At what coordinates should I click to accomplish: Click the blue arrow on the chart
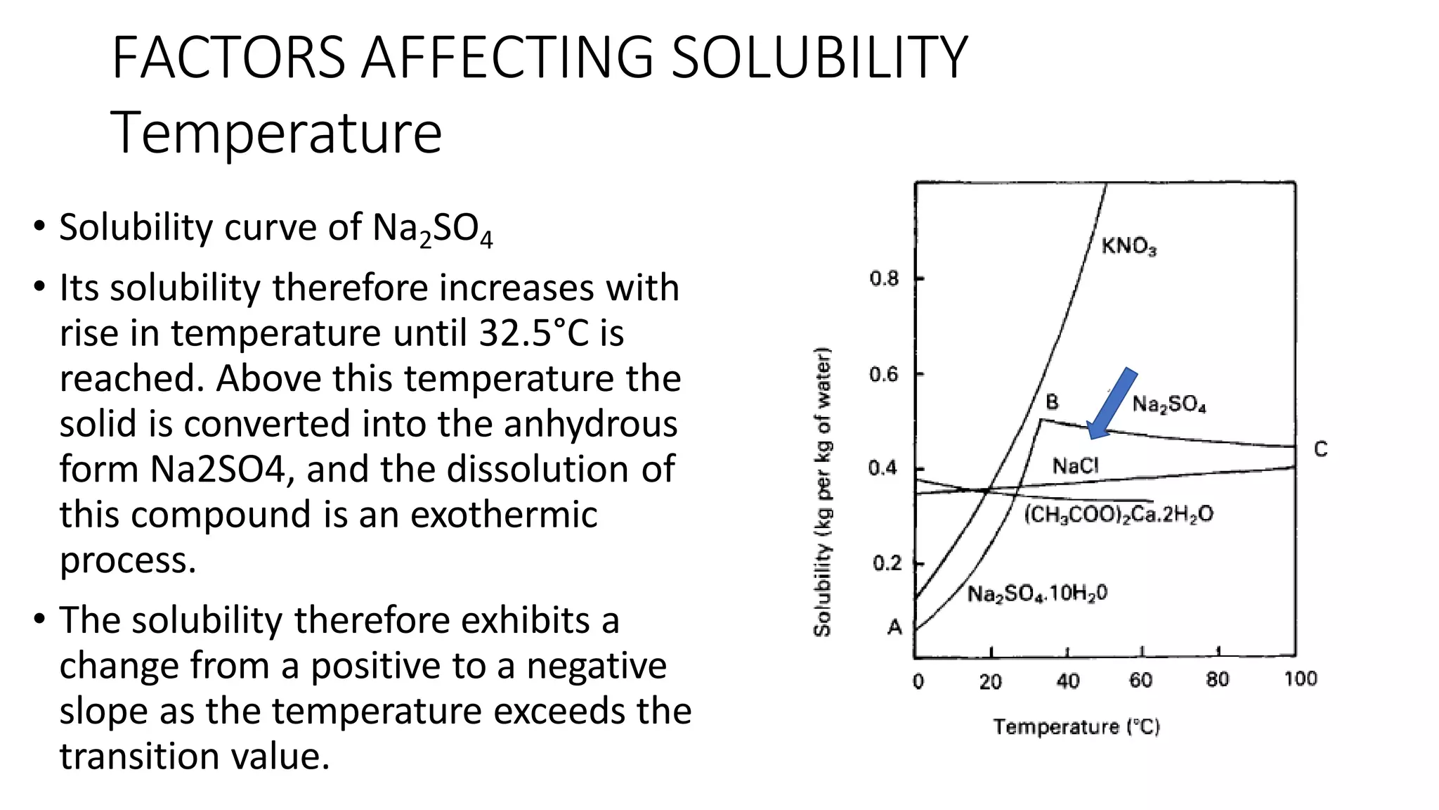click(x=1112, y=404)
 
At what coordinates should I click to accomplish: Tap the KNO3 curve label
click(x=1128, y=246)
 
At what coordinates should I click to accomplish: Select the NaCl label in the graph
click(x=1075, y=465)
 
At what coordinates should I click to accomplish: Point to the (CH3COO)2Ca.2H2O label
click(x=1119, y=515)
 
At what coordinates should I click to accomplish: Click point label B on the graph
click(x=1052, y=402)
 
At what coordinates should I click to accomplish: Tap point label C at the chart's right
click(x=1320, y=449)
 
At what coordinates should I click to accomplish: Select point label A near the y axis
click(x=894, y=626)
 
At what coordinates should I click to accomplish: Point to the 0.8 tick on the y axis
click(x=884, y=279)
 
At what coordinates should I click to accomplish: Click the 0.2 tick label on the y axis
click(x=887, y=563)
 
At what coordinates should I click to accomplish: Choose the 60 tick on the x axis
click(x=1140, y=680)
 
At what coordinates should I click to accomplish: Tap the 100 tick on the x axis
click(x=1300, y=679)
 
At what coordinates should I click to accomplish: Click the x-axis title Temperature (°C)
click(x=1076, y=727)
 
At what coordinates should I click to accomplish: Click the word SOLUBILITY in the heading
click(x=819, y=58)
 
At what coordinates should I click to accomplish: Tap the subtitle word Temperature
click(x=277, y=132)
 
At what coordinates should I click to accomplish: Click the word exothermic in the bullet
click(x=503, y=514)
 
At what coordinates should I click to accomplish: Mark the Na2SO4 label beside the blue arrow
click(x=1169, y=404)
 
